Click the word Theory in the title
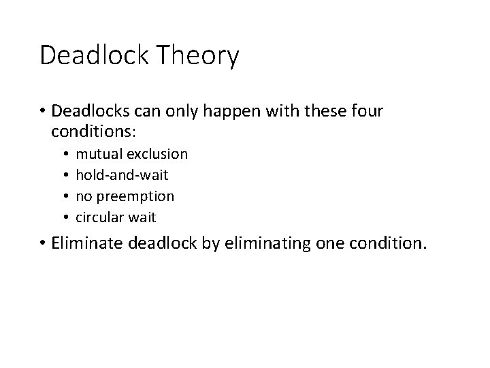(199, 56)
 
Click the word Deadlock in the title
(95, 55)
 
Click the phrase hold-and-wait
(121, 176)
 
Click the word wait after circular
(142, 217)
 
